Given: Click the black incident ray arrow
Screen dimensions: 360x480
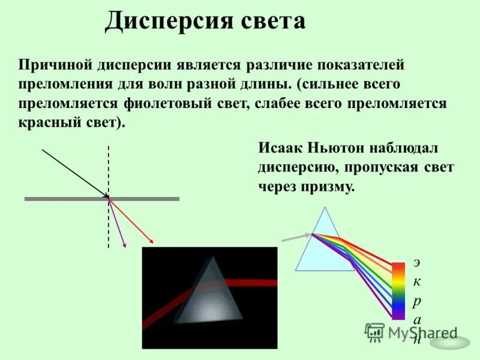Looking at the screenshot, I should coord(74,173).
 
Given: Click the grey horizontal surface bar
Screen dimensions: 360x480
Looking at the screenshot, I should coord(60,199).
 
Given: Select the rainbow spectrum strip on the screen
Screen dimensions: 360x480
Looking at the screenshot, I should coord(398,290).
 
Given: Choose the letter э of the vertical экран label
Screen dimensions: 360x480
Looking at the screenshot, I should coord(416,262).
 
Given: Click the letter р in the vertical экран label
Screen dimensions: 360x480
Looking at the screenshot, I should coord(416,301).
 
